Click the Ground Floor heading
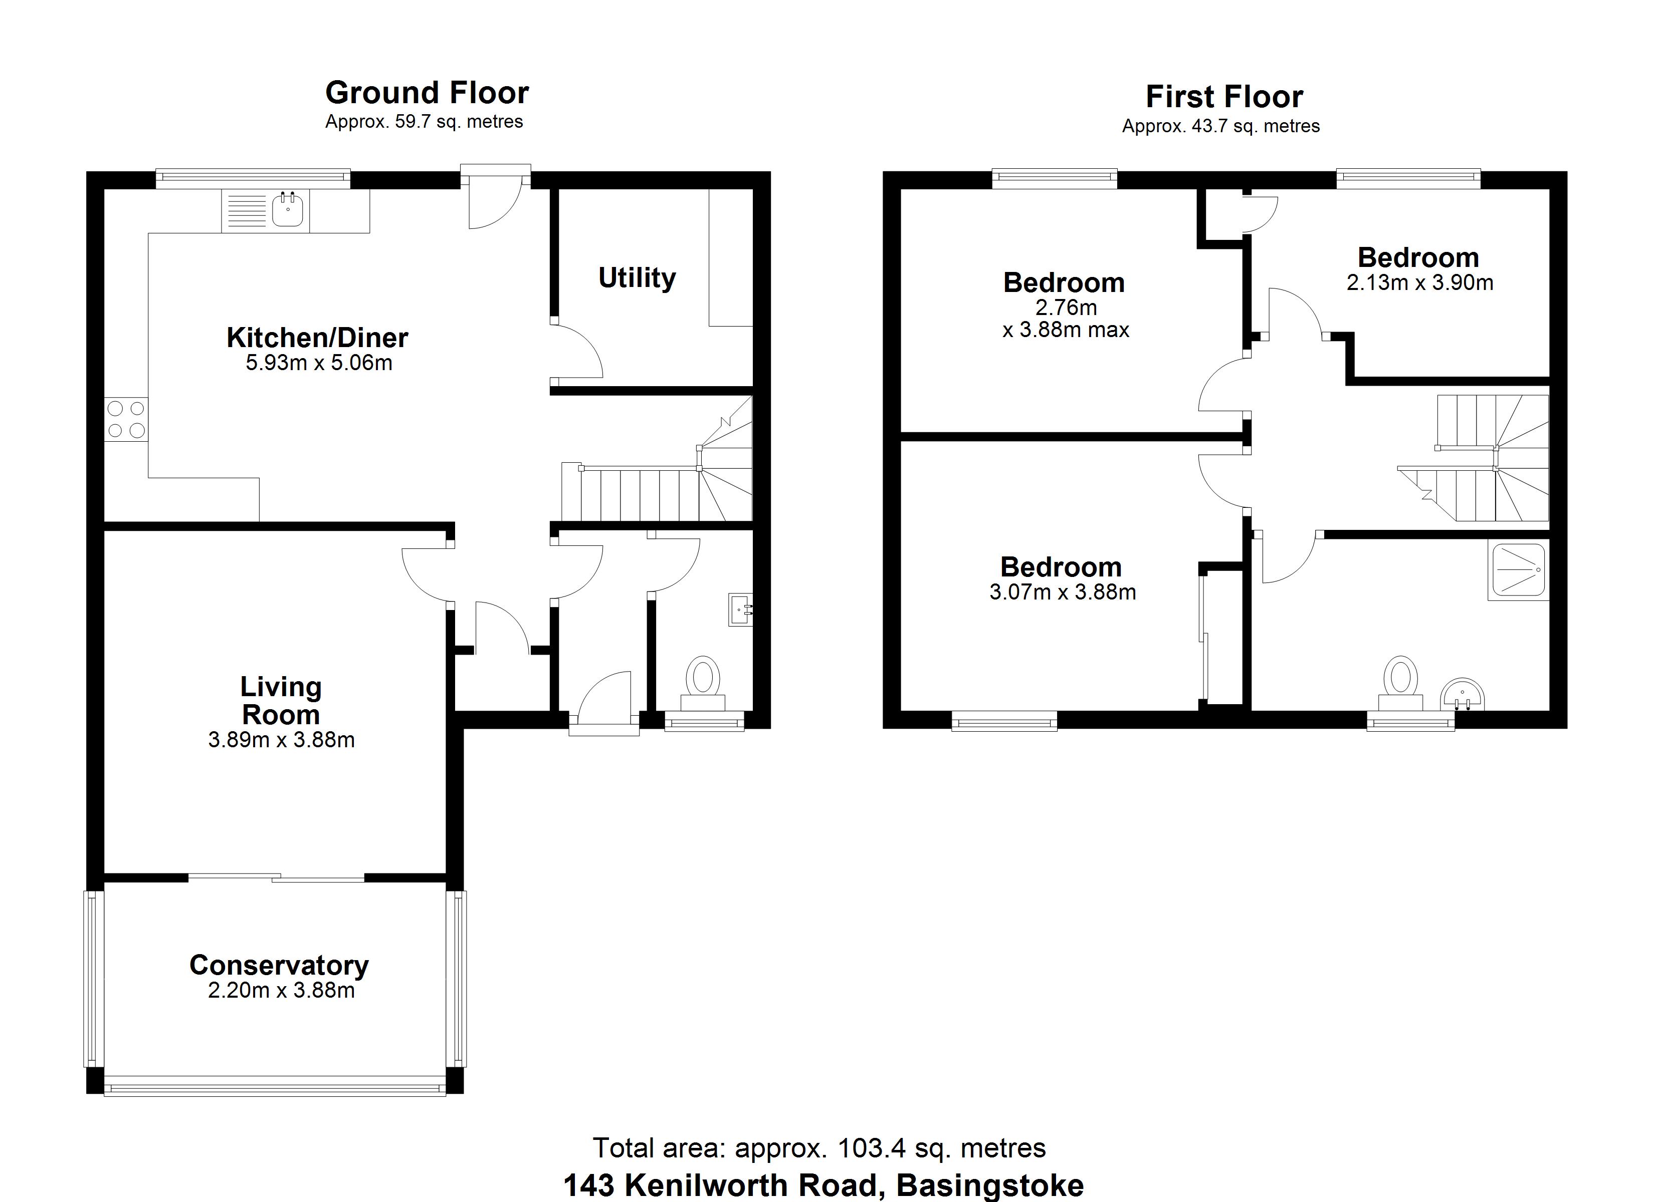click(427, 93)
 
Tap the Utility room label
click(637, 278)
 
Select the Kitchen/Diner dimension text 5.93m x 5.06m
click(319, 362)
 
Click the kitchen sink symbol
click(288, 210)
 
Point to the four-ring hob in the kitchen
click(126, 419)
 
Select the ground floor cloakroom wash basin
click(741, 610)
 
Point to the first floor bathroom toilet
click(1400, 683)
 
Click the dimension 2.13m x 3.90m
click(1420, 283)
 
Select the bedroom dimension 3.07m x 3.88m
click(1063, 592)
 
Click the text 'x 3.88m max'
click(1066, 330)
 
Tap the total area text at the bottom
click(819, 1148)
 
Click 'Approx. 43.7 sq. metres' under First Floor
click(1221, 126)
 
